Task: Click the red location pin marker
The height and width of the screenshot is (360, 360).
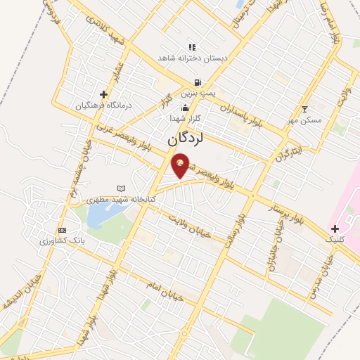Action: [181, 165]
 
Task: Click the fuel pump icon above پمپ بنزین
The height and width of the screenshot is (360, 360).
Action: [199, 82]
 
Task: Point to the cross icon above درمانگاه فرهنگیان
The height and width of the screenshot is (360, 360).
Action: [104, 94]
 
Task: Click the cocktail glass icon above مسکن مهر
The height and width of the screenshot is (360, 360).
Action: [304, 109]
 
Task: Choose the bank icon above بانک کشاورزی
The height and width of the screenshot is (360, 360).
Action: [62, 230]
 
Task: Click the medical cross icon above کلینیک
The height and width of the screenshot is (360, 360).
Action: [335, 229]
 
